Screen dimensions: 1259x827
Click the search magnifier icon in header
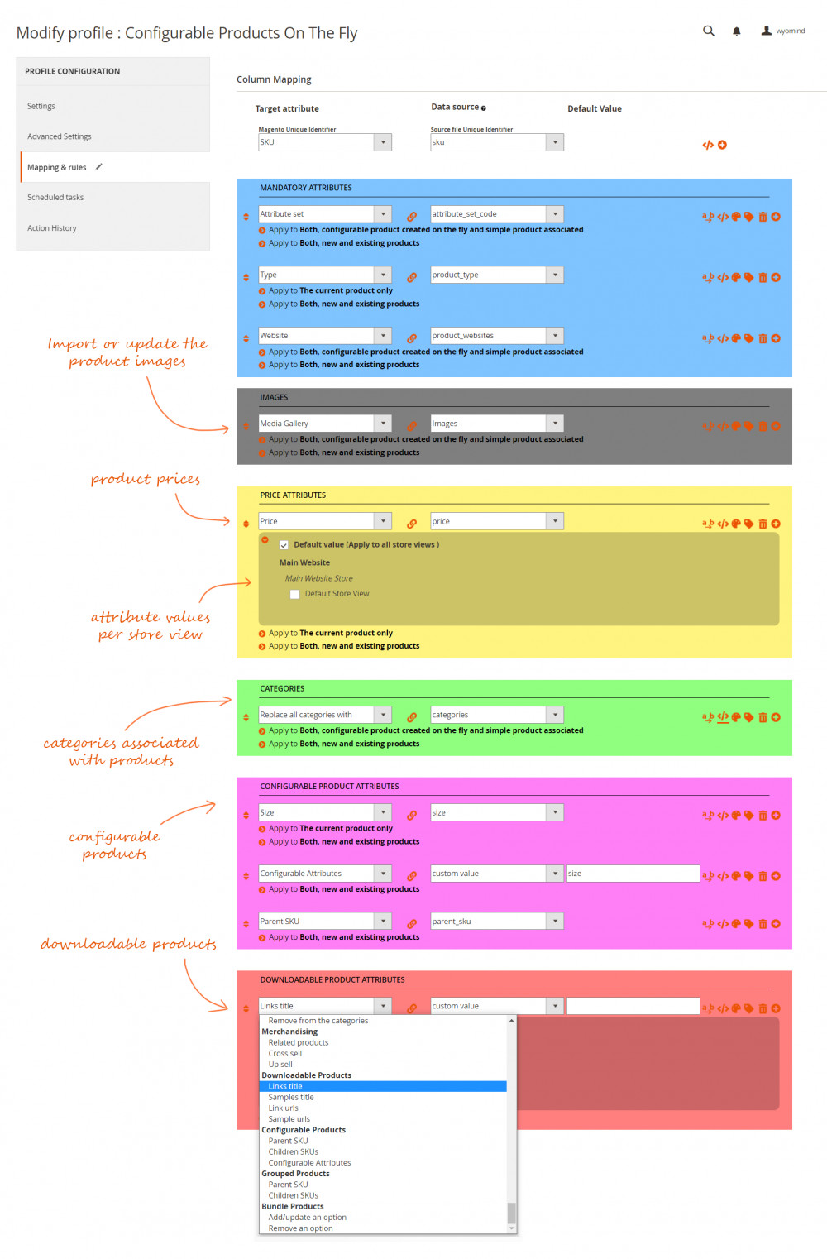click(x=709, y=31)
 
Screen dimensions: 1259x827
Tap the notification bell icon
click(x=736, y=31)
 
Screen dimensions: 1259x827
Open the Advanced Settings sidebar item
click(x=60, y=136)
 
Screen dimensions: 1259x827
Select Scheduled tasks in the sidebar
click(x=55, y=198)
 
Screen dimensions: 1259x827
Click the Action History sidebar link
click(x=52, y=228)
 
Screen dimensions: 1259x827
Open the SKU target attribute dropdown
click(x=324, y=142)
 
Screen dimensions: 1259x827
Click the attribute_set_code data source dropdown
click(x=496, y=214)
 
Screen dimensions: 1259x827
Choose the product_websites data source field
click(x=496, y=336)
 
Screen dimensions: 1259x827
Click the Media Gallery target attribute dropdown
click(x=324, y=424)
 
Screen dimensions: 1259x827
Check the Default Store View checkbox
click(x=294, y=594)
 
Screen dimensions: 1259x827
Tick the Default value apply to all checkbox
click(x=284, y=545)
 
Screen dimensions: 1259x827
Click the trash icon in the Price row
click(x=762, y=524)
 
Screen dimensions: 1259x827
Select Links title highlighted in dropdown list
click(x=285, y=1086)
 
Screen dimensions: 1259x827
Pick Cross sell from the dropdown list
click(x=285, y=1054)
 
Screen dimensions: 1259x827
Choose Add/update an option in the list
click(x=307, y=1218)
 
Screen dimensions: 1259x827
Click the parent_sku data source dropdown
click(x=496, y=922)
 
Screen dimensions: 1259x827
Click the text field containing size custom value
click(x=633, y=874)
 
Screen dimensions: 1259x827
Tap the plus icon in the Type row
click(x=776, y=278)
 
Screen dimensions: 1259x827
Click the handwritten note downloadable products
click(x=128, y=944)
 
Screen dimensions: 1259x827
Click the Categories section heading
click(x=282, y=689)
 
